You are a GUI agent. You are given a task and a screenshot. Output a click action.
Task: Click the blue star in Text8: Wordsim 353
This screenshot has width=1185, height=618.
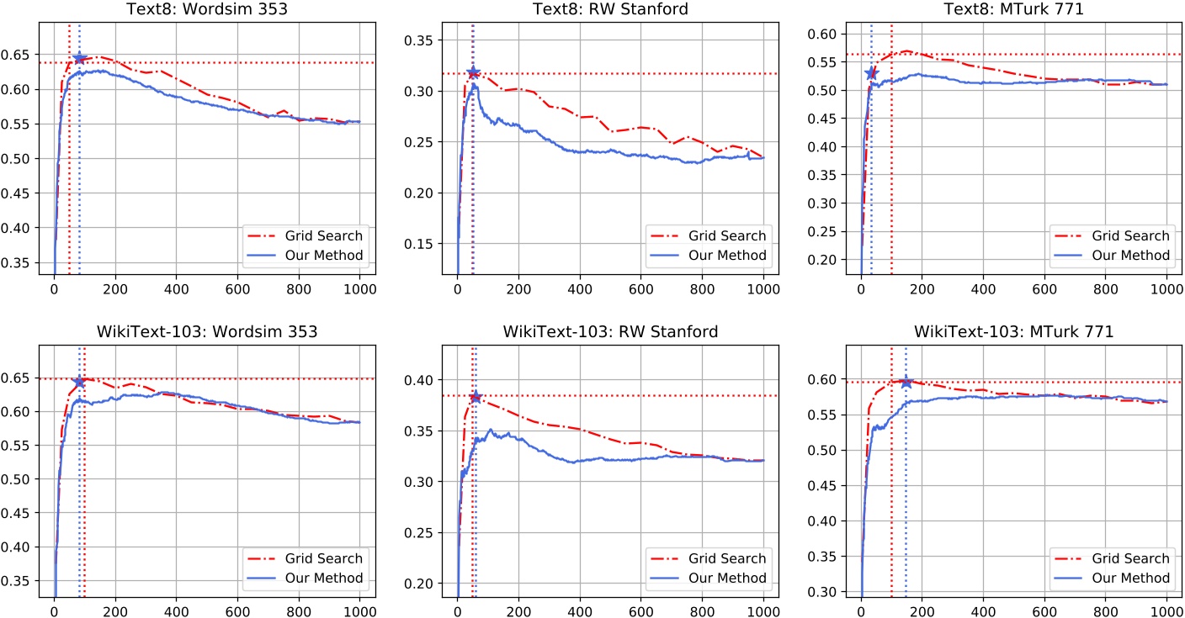[x=80, y=58]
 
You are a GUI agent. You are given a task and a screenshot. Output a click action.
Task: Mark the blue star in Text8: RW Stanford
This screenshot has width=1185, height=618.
[x=473, y=73]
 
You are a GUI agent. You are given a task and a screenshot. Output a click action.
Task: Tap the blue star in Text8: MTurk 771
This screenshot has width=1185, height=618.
[x=871, y=73]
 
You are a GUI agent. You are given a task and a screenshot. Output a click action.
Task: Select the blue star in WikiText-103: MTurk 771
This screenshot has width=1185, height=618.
[x=906, y=383]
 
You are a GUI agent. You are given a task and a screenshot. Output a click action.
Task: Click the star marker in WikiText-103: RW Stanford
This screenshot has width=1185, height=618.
[x=476, y=396]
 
